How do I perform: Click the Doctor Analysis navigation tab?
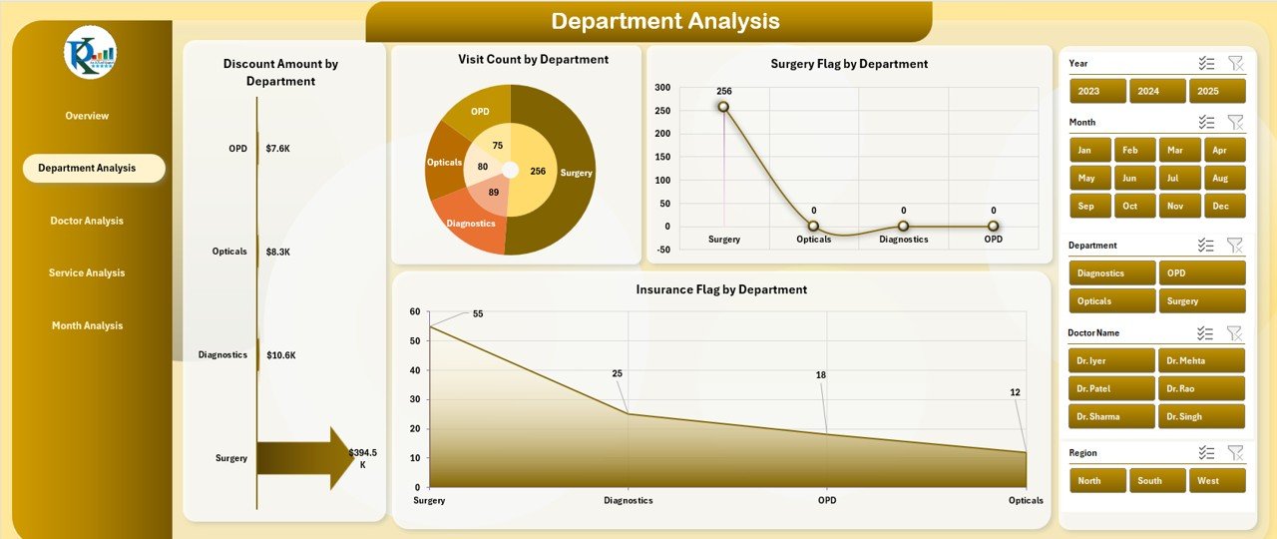(87, 221)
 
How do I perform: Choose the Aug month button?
(1224, 178)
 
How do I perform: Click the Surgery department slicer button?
(1201, 300)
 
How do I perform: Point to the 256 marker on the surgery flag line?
(723, 107)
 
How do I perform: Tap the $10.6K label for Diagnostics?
(280, 354)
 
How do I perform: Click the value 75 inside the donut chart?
(497, 146)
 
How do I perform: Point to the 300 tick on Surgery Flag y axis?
(662, 87)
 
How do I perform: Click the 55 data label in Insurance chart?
(478, 313)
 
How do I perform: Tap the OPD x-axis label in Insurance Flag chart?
(826, 500)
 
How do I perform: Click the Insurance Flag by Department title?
(721, 289)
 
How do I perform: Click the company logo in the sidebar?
(90, 53)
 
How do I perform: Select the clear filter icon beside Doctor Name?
(1235, 333)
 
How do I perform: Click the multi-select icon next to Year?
(1206, 63)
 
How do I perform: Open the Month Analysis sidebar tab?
(87, 325)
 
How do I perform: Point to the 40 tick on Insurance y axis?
(415, 370)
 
